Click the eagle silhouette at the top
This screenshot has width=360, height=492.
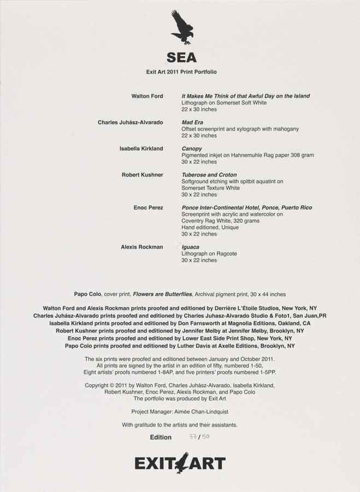click(x=182, y=27)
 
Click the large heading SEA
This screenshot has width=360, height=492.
click(x=181, y=57)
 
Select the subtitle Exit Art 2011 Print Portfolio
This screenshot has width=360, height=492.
click(x=181, y=72)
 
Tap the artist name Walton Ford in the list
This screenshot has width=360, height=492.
click(x=147, y=96)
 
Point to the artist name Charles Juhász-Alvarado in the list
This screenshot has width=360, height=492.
click(x=130, y=122)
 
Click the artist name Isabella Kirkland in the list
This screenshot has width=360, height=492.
click(x=141, y=149)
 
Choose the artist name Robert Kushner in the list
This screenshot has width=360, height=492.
click(x=142, y=175)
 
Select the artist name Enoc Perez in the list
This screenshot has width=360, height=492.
click(x=148, y=208)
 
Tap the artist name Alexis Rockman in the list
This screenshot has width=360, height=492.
click(x=141, y=247)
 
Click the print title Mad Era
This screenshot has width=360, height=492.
click(x=192, y=122)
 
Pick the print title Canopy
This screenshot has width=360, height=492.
click(x=192, y=149)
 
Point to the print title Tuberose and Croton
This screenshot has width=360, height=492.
click(x=209, y=175)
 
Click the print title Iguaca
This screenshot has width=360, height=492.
click(x=190, y=247)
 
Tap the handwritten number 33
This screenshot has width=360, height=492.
click(x=192, y=437)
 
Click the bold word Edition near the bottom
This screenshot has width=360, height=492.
click(x=161, y=437)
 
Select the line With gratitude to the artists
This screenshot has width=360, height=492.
click(x=179, y=425)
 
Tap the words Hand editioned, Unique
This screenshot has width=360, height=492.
click(x=210, y=227)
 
